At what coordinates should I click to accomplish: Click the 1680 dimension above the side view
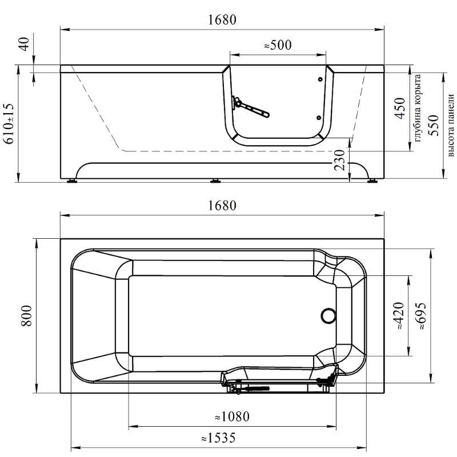[x=222, y=20]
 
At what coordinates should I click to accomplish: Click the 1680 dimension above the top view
[x=222, y=206]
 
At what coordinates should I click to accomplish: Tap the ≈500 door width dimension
[x=278, y=45]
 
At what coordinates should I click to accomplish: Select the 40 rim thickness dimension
[x=25, y=44]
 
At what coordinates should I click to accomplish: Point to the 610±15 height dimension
[x=9, y=123]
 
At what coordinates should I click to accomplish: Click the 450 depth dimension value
[x=400, y=108]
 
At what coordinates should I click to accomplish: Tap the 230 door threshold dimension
[x=340, y=160]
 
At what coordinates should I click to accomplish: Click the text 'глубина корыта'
[x=418, y=108]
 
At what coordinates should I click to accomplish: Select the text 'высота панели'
[x=451, y=125]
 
